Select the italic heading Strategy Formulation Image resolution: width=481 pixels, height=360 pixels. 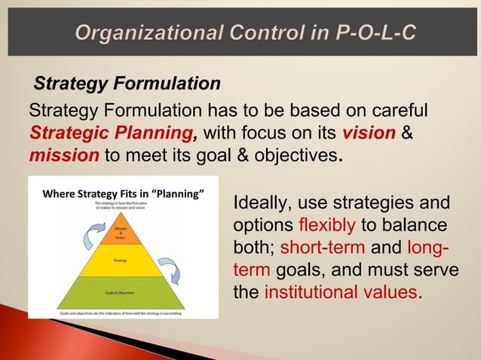pos(127,82)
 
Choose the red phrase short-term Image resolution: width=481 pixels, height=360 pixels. pos(320,248)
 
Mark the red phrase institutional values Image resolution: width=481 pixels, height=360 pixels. pos(340,292)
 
